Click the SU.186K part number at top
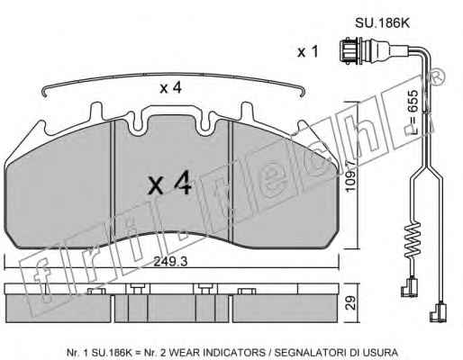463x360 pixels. click(382, 23)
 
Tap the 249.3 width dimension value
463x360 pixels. click(170, 262)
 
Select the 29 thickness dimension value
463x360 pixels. click(350, 302)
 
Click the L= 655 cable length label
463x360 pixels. click(413, 112)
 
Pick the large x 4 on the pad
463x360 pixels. click(169, 183)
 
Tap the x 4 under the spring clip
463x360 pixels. click(170, 88)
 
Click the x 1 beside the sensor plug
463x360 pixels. click(307, 52)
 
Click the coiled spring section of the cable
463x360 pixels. click(413, 239)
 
